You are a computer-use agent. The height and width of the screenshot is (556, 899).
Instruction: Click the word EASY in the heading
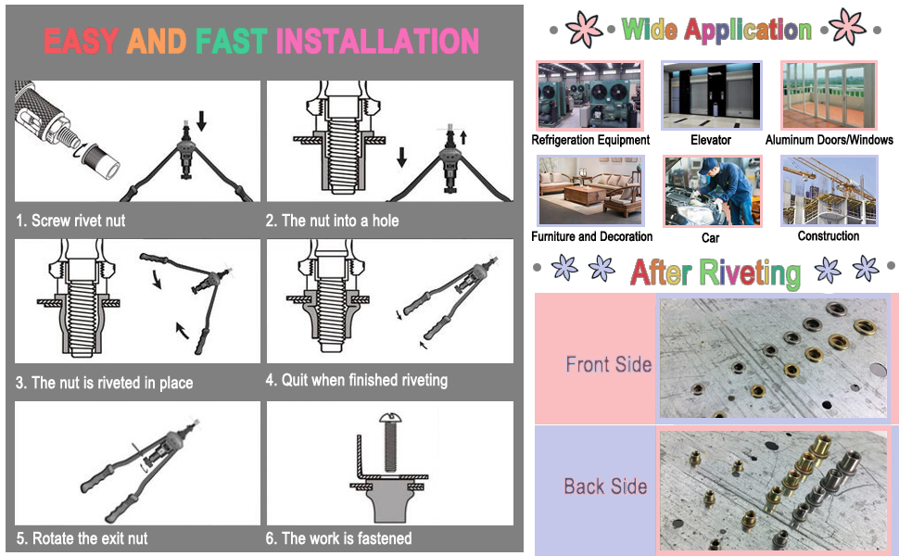(82, 41)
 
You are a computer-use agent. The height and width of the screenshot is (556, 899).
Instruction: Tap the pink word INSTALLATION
(377, 41)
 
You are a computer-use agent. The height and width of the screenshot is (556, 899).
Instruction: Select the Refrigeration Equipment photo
(590, 95)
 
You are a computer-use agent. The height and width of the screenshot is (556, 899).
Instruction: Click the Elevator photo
(711, 95)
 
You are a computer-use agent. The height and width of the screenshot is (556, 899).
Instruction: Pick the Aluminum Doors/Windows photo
(829, 95)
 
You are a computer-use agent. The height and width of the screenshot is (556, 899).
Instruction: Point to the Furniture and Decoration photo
(590, 191)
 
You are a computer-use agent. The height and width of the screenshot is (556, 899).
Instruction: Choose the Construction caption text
(829, 236)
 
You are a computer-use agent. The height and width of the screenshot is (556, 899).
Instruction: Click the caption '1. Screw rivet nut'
(70, 221)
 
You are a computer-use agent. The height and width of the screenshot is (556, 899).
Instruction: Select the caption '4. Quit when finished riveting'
(357, 380)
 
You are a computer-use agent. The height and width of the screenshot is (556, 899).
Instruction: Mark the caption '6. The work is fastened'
(339, 538)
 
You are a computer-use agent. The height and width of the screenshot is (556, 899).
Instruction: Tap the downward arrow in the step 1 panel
(201, 121)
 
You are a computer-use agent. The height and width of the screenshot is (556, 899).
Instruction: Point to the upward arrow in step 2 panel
(463, 137)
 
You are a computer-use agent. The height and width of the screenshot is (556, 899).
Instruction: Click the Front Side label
(608, 364)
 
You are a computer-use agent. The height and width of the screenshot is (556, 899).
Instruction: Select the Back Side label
(605, 486)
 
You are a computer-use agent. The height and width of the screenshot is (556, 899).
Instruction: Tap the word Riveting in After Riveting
(750, 272)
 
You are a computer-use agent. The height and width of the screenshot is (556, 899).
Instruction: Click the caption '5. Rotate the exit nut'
(82, 538)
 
